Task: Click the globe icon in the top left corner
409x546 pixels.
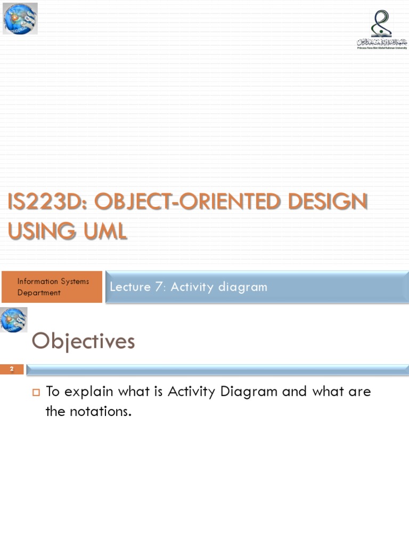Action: (20, 18)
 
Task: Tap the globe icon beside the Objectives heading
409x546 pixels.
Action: (14, 320)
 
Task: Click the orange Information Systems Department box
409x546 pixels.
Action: (52, 287)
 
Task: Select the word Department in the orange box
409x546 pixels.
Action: (39, 293)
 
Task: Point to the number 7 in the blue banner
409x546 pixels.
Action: (158, 287)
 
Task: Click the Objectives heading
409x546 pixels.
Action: (83, 341)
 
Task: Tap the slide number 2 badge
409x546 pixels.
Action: (12, 370)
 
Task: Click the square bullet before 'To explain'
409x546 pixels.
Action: (37, 393)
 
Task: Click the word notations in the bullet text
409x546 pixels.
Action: (99, 411)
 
